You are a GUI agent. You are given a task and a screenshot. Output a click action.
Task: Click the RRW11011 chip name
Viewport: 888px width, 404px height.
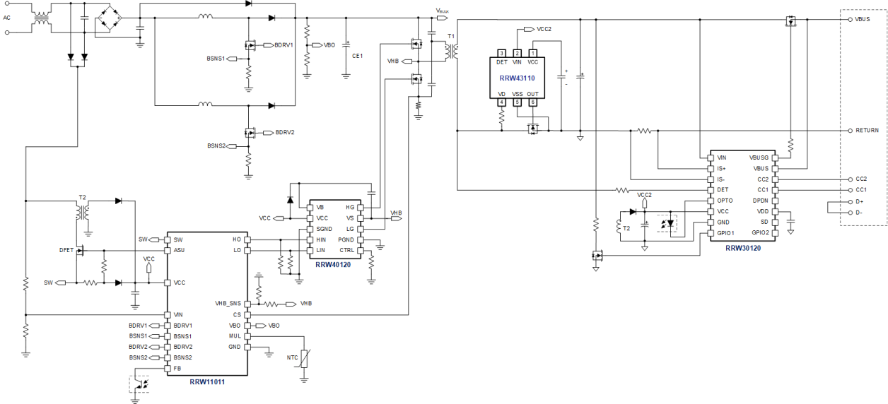tap(207, 382)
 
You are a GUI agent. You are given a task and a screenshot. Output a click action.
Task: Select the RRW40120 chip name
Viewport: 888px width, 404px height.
tap(333, 265)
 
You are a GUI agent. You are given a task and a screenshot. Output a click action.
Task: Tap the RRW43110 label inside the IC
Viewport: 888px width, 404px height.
tap(517, 78)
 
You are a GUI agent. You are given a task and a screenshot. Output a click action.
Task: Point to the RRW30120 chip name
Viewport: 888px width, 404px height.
tap(743, 248)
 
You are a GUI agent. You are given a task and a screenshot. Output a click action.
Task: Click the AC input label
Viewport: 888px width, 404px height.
tap(7, 18)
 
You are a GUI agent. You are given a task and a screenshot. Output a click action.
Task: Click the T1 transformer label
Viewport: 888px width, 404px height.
tap(451, 35)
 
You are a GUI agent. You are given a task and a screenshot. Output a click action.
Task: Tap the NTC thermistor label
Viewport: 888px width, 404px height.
tap(292, 358)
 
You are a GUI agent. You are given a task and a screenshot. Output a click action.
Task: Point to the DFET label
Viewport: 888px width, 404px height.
tap(66, 250)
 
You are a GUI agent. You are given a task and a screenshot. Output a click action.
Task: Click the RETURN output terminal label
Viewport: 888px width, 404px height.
tap(867, 131)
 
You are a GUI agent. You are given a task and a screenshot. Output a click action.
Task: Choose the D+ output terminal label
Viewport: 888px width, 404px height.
tap(859, 201)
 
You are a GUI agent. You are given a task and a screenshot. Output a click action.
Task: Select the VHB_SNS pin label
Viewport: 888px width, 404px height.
tap(228, 304)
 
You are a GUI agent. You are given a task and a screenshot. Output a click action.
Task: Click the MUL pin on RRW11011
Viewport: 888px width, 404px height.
tap(235, 336)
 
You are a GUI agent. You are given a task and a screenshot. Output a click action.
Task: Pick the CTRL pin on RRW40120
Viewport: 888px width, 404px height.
tap(346, 250)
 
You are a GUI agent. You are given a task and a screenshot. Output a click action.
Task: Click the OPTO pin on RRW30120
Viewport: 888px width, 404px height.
tap(725, 201)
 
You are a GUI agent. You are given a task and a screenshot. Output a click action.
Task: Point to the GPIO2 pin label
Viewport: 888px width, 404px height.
tap(760, 232)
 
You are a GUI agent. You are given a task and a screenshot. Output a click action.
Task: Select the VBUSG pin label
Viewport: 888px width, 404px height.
tap(759, 158)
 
